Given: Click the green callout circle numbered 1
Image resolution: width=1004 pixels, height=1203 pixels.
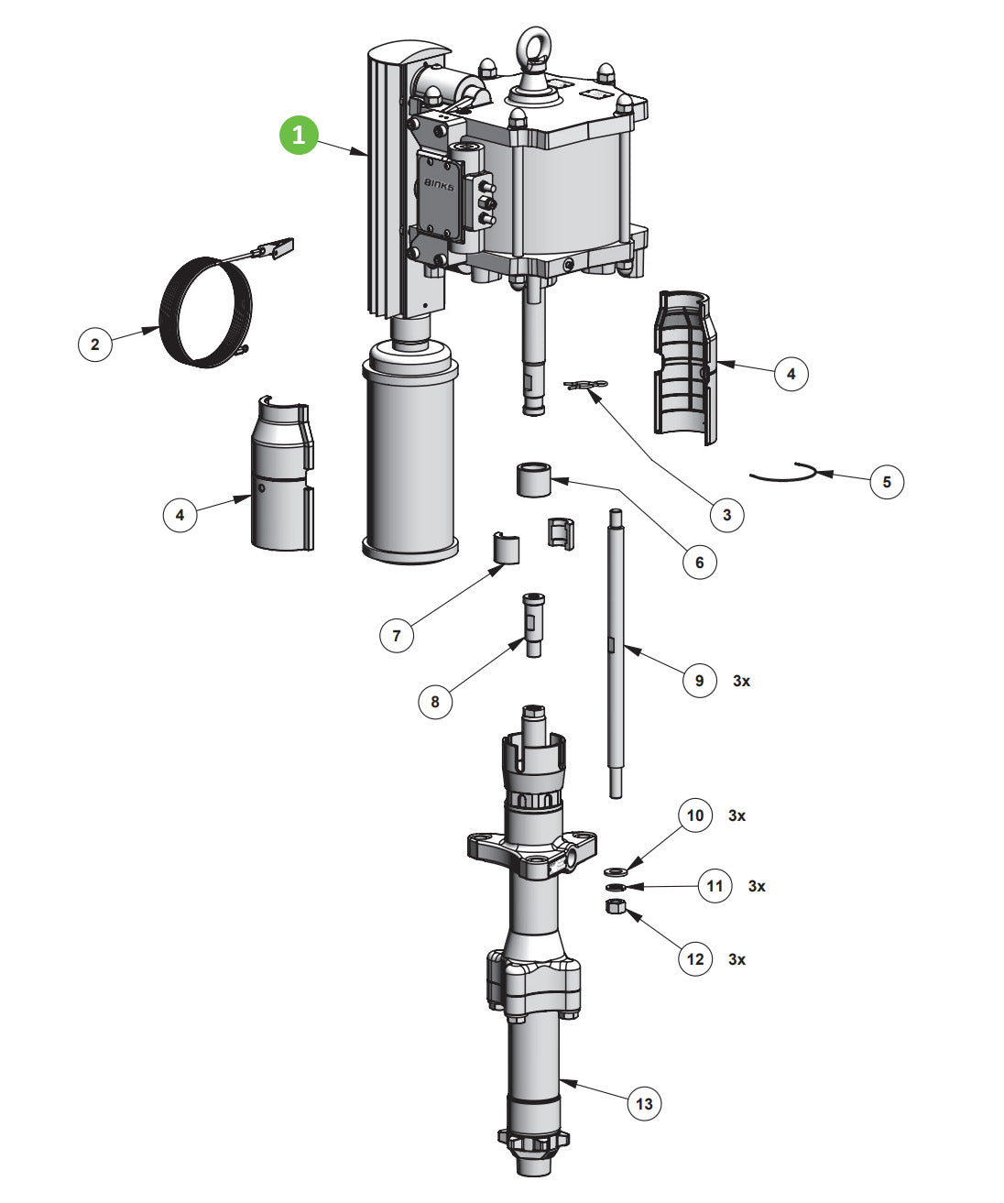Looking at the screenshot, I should coord(298,135).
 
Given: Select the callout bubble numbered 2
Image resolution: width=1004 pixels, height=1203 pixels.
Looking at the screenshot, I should coord(94,345).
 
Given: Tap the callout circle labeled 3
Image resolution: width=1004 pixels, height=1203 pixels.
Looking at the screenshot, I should coord(726,515).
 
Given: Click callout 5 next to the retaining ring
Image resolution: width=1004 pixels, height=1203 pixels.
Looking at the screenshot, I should coord(886,481).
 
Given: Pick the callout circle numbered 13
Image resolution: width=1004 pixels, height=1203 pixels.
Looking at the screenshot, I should coord(644,1103).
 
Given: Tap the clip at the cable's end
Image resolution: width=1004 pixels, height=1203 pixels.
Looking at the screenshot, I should coord(279,247).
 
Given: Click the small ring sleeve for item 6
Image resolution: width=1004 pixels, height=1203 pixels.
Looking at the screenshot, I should coord(533,480).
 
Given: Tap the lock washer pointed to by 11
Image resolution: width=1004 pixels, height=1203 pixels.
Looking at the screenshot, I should coord(615,888).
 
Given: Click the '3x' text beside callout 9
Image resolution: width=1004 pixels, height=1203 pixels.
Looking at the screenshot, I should coord(741,681).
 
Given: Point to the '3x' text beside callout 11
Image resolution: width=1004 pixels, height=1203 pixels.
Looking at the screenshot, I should coord(757,886).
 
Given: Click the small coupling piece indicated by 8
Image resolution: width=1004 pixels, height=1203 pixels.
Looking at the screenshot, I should coord(533,623).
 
